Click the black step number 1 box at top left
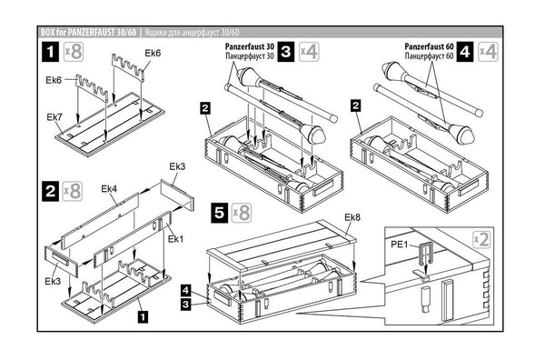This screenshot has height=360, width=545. point(50,52)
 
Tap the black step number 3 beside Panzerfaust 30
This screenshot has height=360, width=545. point(286,52)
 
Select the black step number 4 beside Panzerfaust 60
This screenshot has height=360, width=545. point(465,52)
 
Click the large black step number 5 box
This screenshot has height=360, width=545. point(220,213)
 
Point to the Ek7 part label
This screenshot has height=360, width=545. point(54,117)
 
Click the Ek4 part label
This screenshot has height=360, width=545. point(109,189)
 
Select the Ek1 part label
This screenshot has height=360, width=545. point(175,239)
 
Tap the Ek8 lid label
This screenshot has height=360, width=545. point(352,217)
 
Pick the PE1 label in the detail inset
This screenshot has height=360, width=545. point(399,245)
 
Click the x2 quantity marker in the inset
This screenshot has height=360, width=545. point(482,239)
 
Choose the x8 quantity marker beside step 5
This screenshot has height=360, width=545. point(242,213)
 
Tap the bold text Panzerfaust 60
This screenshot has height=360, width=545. point(430,46)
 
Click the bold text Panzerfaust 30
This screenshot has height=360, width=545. point(250,46)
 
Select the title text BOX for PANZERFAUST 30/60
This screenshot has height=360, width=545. point(89,33)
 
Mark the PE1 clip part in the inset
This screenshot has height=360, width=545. point(427,255)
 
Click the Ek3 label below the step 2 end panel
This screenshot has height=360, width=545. point(53,281)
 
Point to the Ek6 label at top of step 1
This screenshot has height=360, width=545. point(153,54)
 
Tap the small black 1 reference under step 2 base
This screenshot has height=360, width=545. point(143,317)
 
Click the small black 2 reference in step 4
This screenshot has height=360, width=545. point(355,105)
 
